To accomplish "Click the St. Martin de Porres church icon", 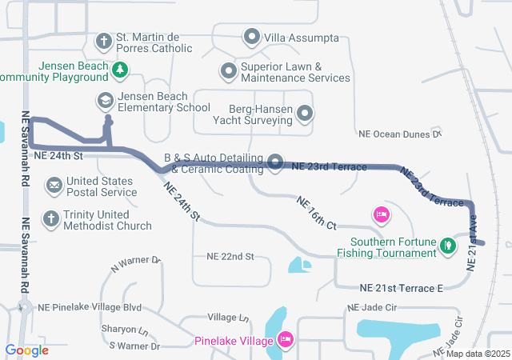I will coord(104,41).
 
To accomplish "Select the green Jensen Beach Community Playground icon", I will coord(119,70).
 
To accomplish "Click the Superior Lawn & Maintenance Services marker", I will coord(228,71).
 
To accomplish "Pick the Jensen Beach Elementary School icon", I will coord(104,100).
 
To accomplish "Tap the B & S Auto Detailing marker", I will coord(275,162).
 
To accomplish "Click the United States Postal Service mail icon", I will coord(54,186).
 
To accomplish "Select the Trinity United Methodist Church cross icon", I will coord(50,218).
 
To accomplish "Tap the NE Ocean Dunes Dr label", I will coord(400,134).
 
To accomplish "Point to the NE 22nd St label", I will coord(230,257).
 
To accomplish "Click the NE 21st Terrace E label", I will coord(401,287).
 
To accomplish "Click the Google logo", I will coord(26,350).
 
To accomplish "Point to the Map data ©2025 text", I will coord(478,354).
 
